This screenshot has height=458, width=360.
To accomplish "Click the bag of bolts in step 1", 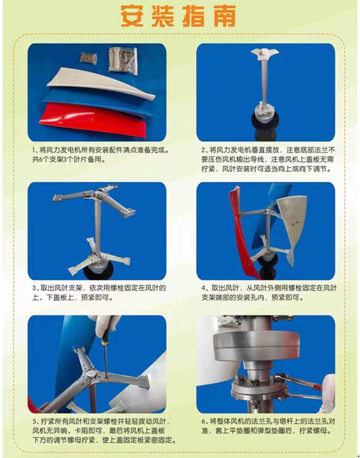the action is click(x=88, y=58).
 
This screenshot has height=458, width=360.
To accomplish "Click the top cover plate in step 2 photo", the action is click(x=264, y=54).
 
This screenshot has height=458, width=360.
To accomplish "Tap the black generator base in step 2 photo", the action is click(x=264, y=129).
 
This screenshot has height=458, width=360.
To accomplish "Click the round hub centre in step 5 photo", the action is click(x=91, y=374).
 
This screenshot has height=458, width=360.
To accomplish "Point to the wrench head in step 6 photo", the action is click(x=280, y=378).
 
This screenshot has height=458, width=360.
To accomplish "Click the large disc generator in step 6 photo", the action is click(x=256, y=346).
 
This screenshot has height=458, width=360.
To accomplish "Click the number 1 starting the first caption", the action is click(x=34, y=150).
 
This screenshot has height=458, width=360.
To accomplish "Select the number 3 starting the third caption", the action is click(x=34, y=288).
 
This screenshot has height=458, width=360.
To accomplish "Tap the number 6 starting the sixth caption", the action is click(x=203, y=421).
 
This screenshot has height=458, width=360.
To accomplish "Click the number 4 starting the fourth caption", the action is click(x=203, y=288).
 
